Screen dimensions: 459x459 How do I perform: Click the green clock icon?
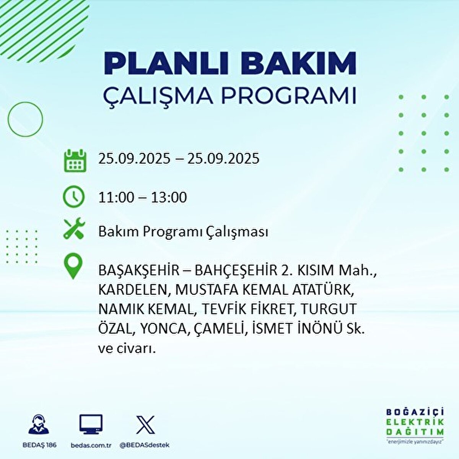click(x=74, y=197)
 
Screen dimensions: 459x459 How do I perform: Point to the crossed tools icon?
click(x=74, y=229)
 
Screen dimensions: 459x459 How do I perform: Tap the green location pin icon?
click(x=73, y=267)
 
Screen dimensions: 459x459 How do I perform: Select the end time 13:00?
click(x=169, y=197)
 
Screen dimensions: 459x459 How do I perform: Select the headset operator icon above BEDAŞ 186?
click(x=39, y=425)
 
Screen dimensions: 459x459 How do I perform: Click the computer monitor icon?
click(x=91, y=425)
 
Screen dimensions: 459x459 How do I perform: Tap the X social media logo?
click(x=145, y=425)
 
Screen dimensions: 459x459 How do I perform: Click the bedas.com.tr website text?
click(x=91, y=445)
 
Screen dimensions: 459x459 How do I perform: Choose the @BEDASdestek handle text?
click(x=145, y=445)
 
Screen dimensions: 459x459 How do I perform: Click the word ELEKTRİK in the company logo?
click(x=415, y=422)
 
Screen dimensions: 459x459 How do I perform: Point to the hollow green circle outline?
click(x=25, y=119)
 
